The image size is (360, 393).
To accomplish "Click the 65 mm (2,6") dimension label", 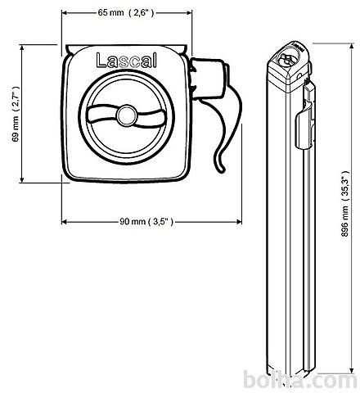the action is coord(126,12).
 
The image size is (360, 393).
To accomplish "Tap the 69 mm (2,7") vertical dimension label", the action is coord(16,114).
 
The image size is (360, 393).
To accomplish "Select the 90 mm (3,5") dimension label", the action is coord(146,222).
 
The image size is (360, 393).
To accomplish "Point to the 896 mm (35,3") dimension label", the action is coord(345,204).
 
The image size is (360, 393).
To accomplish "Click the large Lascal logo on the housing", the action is coord(127,60).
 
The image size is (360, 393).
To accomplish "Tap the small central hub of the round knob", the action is coord(127,115).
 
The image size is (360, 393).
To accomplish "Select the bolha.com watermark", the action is coord(300,380).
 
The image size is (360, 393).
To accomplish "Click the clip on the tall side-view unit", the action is coord(305,117).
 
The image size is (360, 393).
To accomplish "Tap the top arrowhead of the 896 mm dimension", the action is coord(352,47).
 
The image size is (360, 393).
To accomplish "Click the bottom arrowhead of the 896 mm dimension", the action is coord(352,370).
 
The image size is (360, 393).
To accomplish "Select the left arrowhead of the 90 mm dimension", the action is coord(65,222).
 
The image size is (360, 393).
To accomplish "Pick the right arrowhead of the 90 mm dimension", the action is coord(238,222).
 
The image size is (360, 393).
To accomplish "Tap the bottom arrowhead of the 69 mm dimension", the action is coord(22,179).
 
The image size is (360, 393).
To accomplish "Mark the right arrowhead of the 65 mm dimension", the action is coord(189,12).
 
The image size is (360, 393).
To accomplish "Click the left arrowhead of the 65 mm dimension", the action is coord(65,12).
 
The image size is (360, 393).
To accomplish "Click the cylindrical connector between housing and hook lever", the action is coord(209,79).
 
